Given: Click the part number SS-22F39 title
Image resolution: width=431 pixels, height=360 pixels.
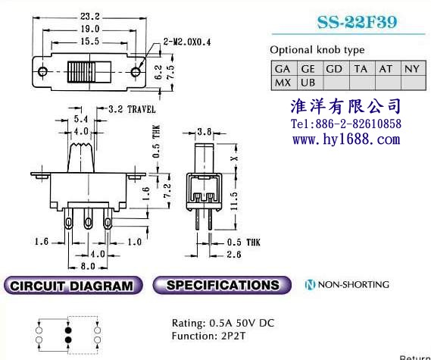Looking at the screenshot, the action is pos(357,22).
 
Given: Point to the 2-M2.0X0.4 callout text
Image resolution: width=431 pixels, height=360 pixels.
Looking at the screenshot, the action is pos(187,42).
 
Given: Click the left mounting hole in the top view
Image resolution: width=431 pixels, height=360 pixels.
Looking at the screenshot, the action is pos(42,72).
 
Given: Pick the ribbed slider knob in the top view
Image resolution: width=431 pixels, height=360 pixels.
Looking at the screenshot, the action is pos(81,72).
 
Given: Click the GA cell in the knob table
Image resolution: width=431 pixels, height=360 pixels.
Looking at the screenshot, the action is pos(283,69).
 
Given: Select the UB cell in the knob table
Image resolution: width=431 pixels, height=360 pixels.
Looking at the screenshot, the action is pos(308,83).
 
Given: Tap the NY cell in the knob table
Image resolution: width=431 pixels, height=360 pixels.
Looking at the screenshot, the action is pos(412,69).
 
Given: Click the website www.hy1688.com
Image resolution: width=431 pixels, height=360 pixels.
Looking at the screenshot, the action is pos(346,139).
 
